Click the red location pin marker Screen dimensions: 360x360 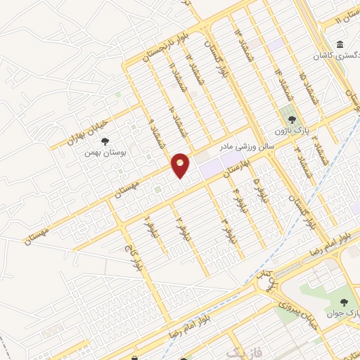tap(181, 165)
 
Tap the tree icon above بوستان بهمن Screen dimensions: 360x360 tap(105, 141)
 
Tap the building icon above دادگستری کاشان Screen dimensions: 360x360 tap(340, 46)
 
